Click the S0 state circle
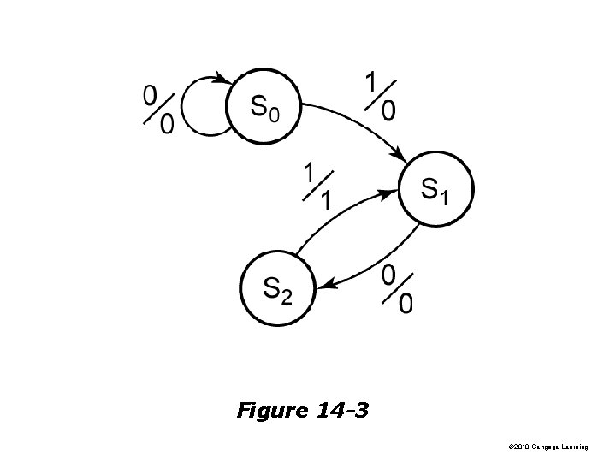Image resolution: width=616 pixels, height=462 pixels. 263,105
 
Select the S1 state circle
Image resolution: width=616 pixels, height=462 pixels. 435,189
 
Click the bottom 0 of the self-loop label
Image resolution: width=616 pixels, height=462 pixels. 168,124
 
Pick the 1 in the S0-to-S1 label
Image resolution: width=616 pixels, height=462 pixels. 371,82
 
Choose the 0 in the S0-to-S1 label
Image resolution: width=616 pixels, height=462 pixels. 389,110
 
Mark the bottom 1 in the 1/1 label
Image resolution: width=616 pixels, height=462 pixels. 326,201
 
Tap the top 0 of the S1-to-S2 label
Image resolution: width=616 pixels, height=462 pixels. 388,275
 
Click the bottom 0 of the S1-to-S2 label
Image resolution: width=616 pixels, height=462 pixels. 406,303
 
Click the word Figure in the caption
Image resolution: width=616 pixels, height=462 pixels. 271,412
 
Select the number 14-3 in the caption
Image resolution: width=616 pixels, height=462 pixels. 341,412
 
